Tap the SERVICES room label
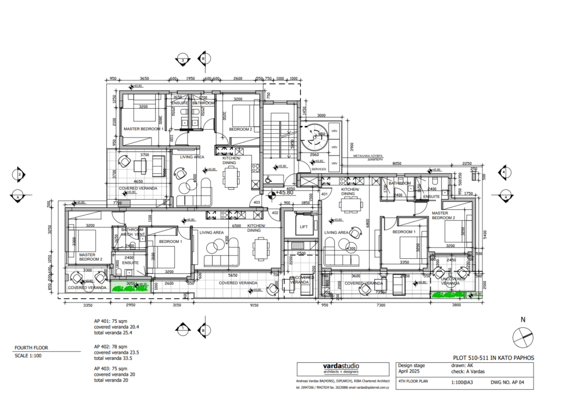tap(318, 169)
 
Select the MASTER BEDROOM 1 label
tap(143, 129)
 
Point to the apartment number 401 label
tap(325, 194)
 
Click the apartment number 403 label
tap(256, 203)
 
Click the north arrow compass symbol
tap(523, 335)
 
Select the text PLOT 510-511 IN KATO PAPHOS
tap(493, 357)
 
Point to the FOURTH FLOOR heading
tap(32, 348)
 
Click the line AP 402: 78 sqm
tap(111, 346)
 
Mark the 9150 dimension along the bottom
tap(254, 305)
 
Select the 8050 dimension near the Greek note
tap(396, 164)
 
